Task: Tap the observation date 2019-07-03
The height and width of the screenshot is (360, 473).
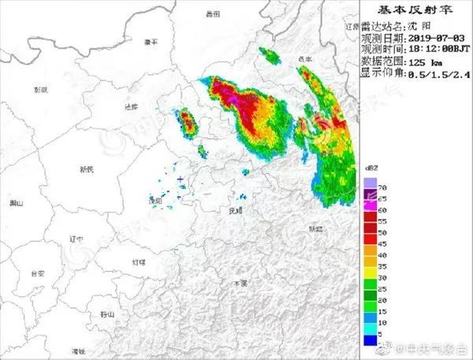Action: point(435,37)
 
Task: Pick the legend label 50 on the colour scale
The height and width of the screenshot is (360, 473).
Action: point(382,235)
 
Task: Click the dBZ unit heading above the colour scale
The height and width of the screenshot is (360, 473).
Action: point(372,168)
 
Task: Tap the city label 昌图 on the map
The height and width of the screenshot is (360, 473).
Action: point(210,14)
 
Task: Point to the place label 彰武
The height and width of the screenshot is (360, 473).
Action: point(40,90)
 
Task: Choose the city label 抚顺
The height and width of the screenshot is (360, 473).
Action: point(234,211)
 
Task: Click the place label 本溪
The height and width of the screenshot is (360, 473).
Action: point(239,282)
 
